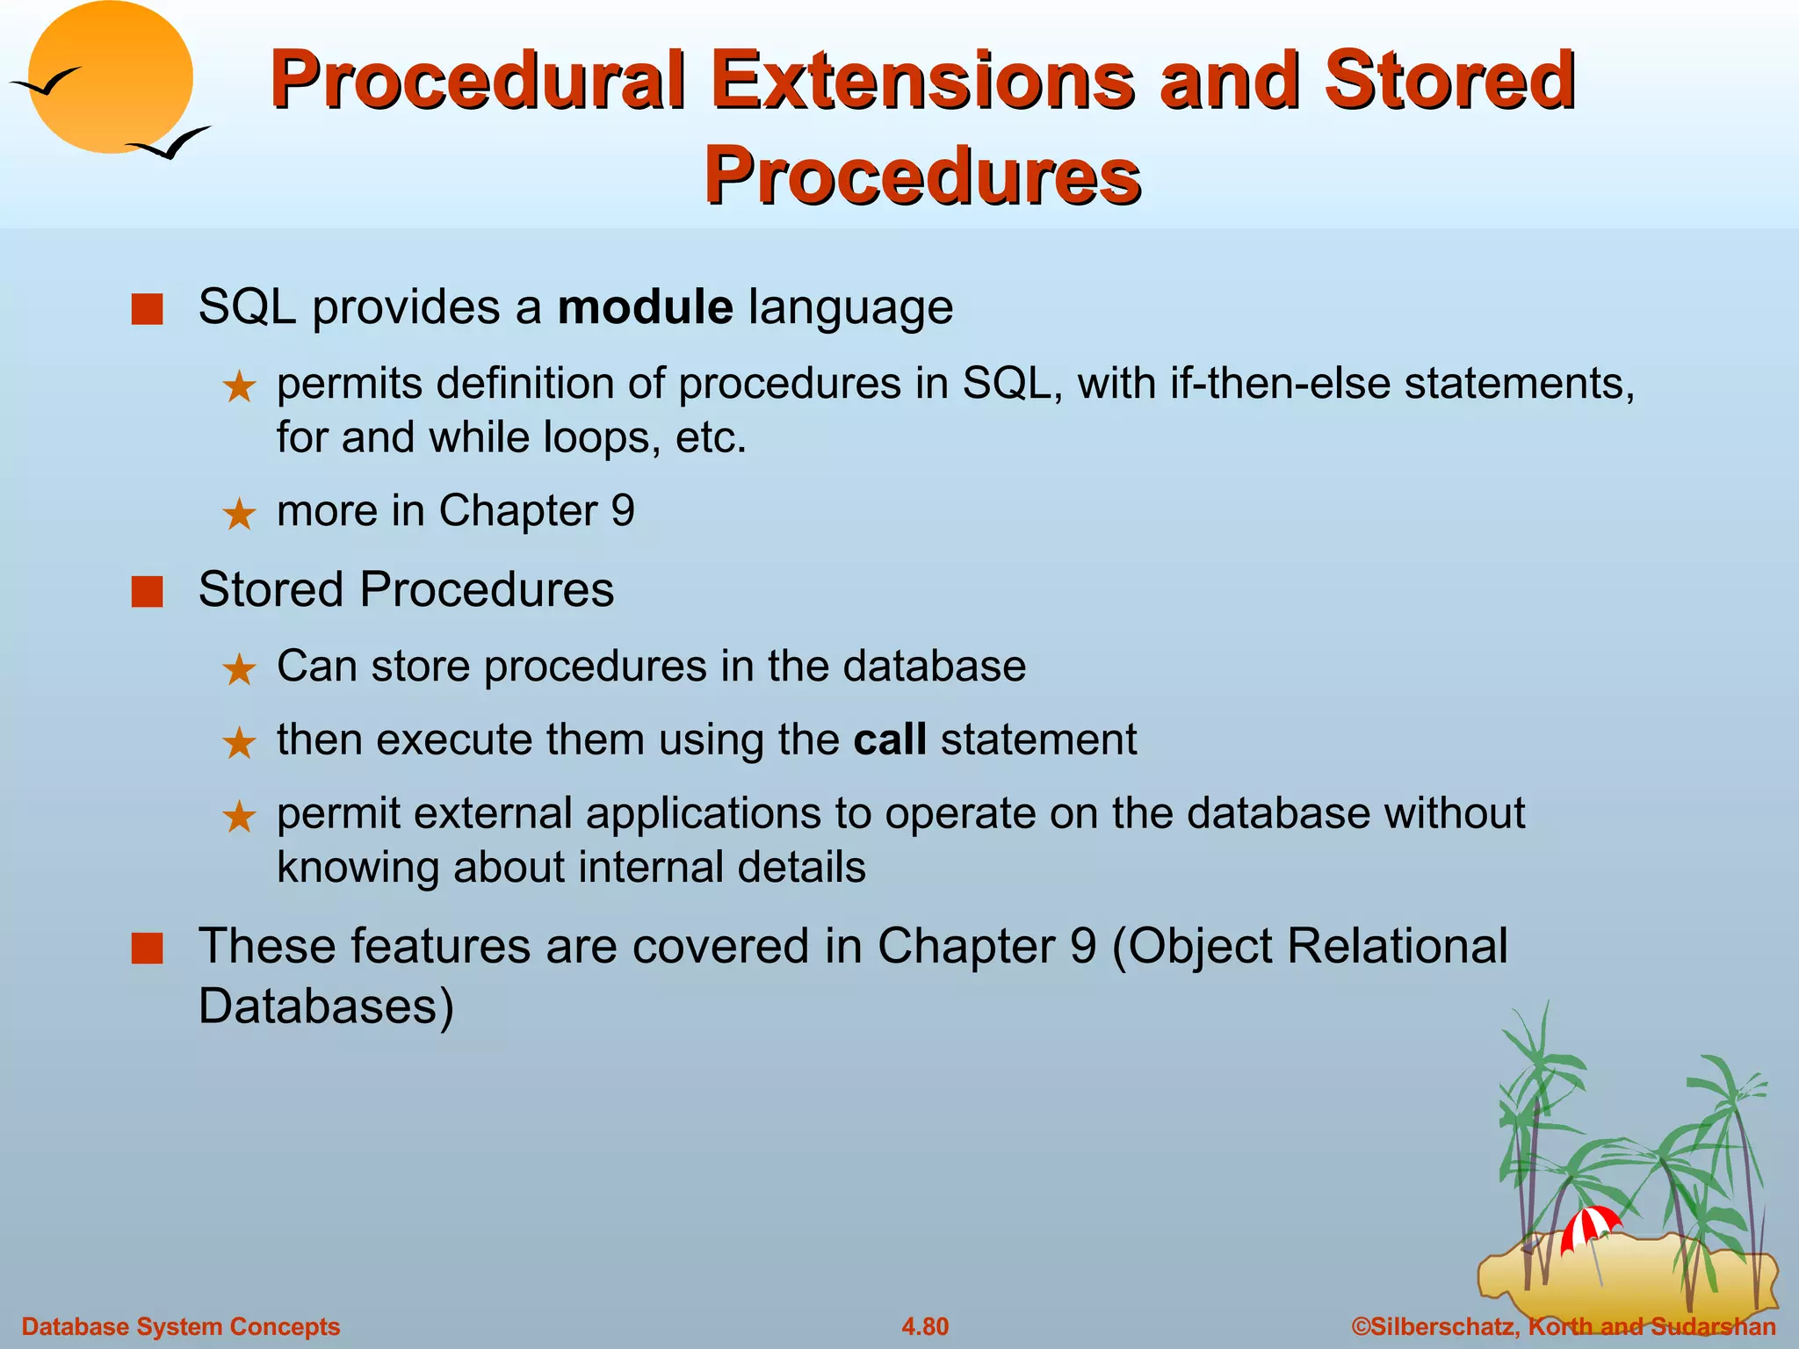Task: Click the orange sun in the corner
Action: tap(110, 77)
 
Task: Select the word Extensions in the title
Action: tap(927, 80)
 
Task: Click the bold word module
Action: tap(645, 307)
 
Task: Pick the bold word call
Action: tap(889, 739)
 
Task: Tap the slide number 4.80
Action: tap(924, 1326)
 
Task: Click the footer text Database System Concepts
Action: tap(180, 1326)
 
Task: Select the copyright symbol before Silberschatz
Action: tap(1360, 1326)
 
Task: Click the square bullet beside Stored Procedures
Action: tap(147, 592)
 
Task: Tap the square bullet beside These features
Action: tap(147, 949)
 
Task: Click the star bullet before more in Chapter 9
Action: tap(239, 515)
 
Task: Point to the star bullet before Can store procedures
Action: tap(239, 670)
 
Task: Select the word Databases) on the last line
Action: tap(326, 1006)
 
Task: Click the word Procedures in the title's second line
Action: tap(921, 176)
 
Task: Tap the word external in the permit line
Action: tap(493, 813)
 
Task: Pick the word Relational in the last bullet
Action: tap(1397, 947)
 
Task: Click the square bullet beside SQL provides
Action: tap(147, 309)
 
